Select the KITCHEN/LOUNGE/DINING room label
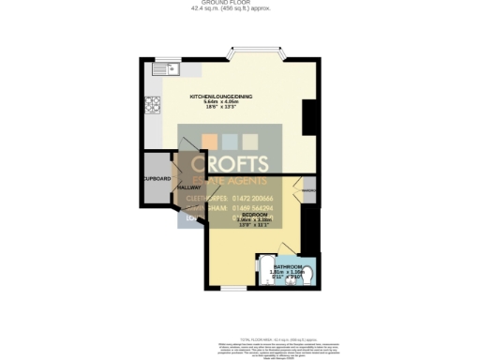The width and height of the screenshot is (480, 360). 221,97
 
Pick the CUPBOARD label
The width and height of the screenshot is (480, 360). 157,178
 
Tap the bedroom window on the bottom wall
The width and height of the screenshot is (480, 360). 233,287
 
